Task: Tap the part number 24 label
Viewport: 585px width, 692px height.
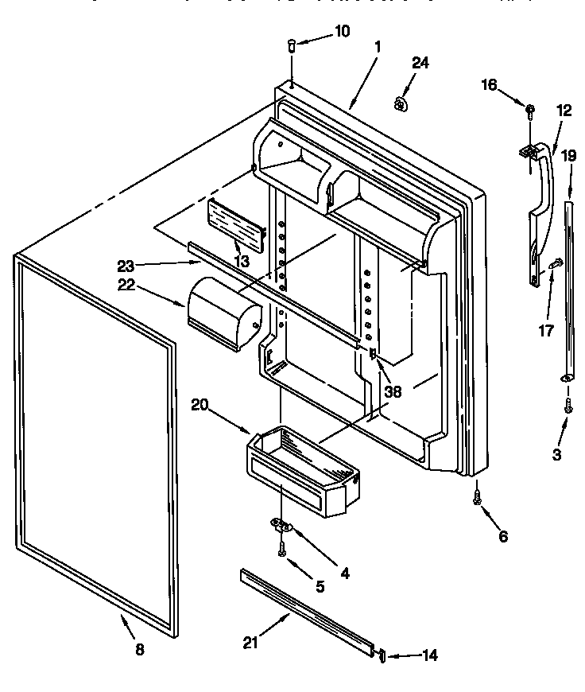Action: click(420, 63)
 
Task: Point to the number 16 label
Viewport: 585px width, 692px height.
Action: click(490, 84)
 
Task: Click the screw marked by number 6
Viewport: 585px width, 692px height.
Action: click(477, 496)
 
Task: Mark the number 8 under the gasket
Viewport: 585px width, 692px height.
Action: click(139, 649)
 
